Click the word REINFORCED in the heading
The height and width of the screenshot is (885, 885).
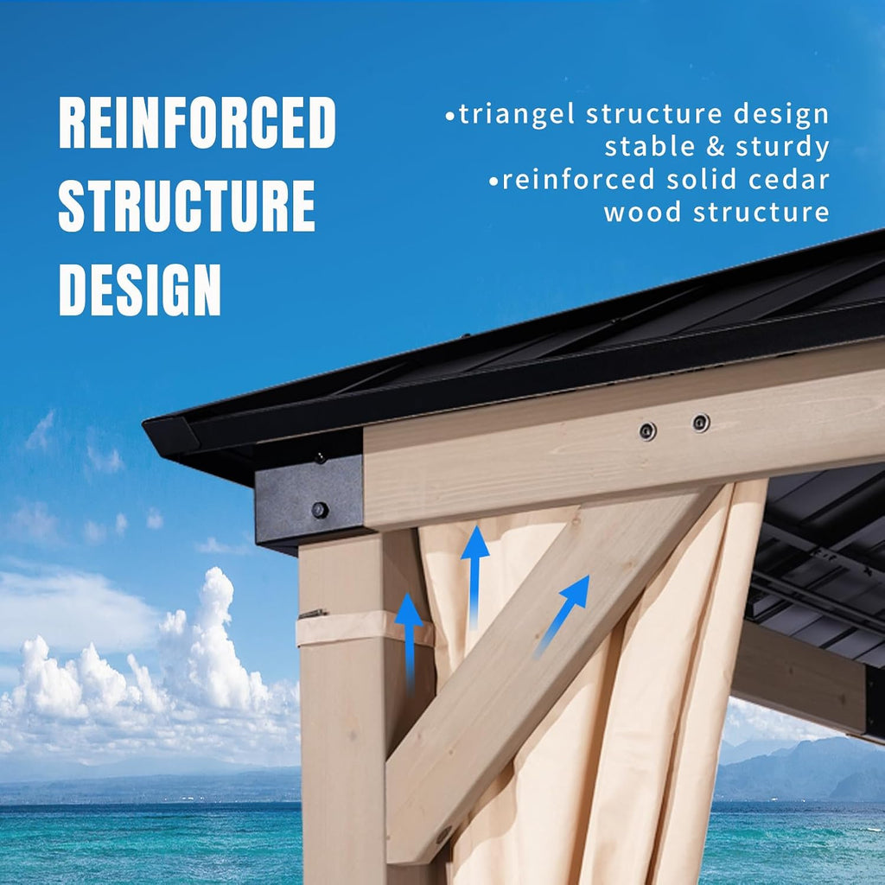click(197, 122)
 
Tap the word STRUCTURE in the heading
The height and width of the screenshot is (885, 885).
click(187, 206)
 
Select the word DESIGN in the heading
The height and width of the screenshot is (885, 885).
click(140, 290)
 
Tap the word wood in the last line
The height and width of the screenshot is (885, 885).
click(642, 213)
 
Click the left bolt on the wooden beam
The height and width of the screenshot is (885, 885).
click(647, 431)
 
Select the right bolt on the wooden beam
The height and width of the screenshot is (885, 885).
click(701, 422)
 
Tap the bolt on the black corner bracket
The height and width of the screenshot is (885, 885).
click(320, 510)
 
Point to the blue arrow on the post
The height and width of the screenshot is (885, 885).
click(409, 643)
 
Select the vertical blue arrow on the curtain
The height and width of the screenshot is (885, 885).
click(474, 577)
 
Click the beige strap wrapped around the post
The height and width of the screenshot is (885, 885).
click(365, 627)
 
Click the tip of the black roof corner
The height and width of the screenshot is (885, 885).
click(143, 420)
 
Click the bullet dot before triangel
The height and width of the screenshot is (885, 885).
click(449, 117)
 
